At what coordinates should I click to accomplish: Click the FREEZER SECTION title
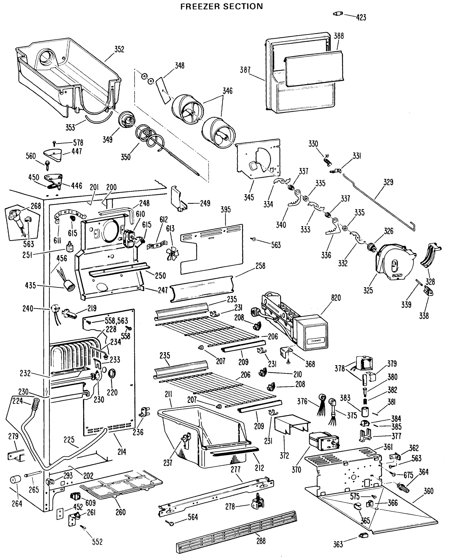coord(222,6)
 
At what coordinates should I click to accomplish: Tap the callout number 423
coord(361,17)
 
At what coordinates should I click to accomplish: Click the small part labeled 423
coord(338,14)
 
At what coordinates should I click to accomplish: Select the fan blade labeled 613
coord(173,253)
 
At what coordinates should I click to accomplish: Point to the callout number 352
coord(119,49)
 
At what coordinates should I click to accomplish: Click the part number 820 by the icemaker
coord(336,298)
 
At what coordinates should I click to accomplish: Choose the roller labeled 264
coord(15,480)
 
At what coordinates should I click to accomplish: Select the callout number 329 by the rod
coord(388,182)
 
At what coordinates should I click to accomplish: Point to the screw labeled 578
coord(54,143)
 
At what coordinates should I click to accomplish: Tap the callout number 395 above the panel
coord(225,209)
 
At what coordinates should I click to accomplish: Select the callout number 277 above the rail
coord(235,469)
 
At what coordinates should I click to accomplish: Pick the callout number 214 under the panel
coord(122,451)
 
